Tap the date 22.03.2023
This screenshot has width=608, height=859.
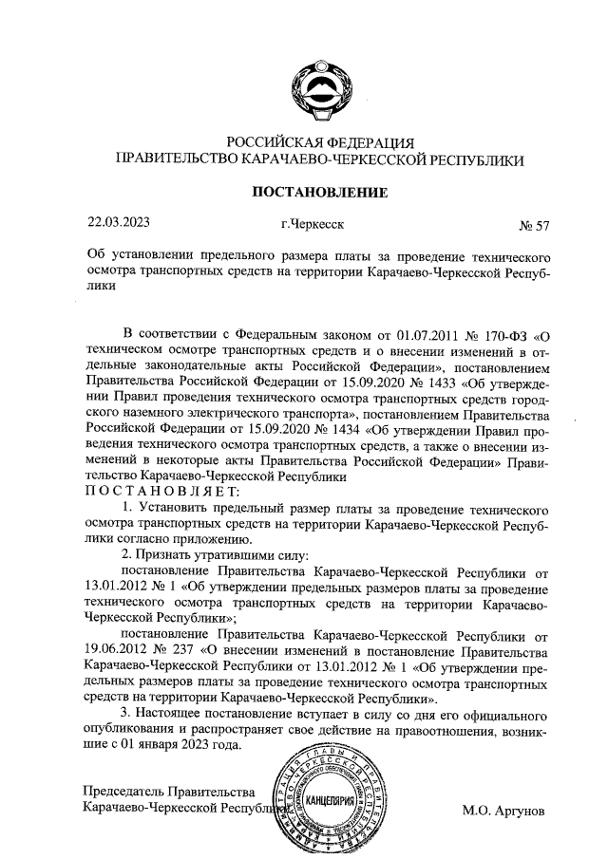pos(118,225)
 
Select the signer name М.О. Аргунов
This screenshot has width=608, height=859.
pos(503,812)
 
